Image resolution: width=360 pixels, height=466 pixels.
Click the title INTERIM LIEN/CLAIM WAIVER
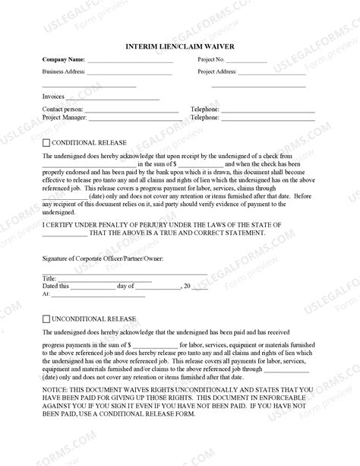(x=180, y=46)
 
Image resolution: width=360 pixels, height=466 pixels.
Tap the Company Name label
(x=63, y=59)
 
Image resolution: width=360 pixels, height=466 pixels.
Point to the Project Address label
(x=218, y=72)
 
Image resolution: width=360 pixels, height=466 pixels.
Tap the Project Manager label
(x=66, y=118)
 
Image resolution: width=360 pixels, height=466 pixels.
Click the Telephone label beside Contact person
(x=204, y=109)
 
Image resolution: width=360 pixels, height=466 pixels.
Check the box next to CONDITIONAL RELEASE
(x=46, y=142)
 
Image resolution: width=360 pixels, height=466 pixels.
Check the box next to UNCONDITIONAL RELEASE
(x=46, y=319)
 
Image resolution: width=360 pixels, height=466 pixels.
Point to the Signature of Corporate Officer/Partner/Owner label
(x=103, y=259)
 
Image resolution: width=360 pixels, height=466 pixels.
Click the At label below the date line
(x=46, y=293)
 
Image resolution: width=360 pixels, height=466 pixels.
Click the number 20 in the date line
(x=186, y=286)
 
